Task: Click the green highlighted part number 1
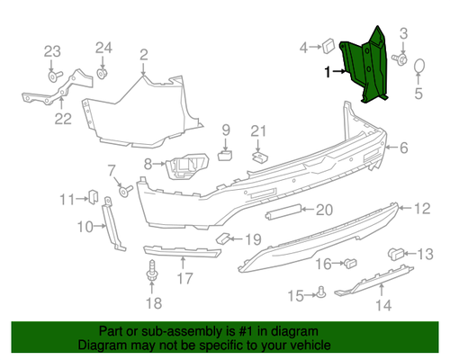364,65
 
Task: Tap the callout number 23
52,51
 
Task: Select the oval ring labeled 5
419,66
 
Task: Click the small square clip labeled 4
329,46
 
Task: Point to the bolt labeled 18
152,271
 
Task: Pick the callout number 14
384,305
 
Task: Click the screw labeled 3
400,59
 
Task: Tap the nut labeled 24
103,73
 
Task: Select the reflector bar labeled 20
283,211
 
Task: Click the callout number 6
404,148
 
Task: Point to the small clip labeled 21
259,157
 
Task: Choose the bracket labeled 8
186,166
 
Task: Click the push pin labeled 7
125,191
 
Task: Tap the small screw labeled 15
321,292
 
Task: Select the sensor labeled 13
396,254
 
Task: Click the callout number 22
63,119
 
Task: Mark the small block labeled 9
225,156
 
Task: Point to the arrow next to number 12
405,208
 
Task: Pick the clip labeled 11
93,196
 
